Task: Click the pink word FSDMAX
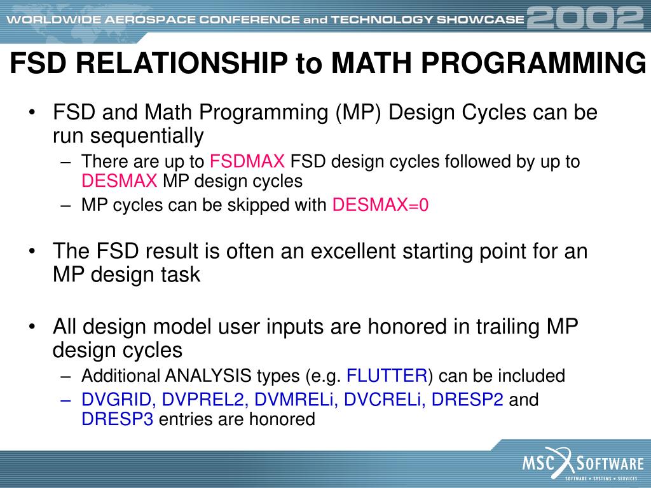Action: [247, 161]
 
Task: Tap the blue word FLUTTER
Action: [387, 376]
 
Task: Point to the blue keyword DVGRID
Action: [118, 400]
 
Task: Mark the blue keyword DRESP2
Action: [467, 400]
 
